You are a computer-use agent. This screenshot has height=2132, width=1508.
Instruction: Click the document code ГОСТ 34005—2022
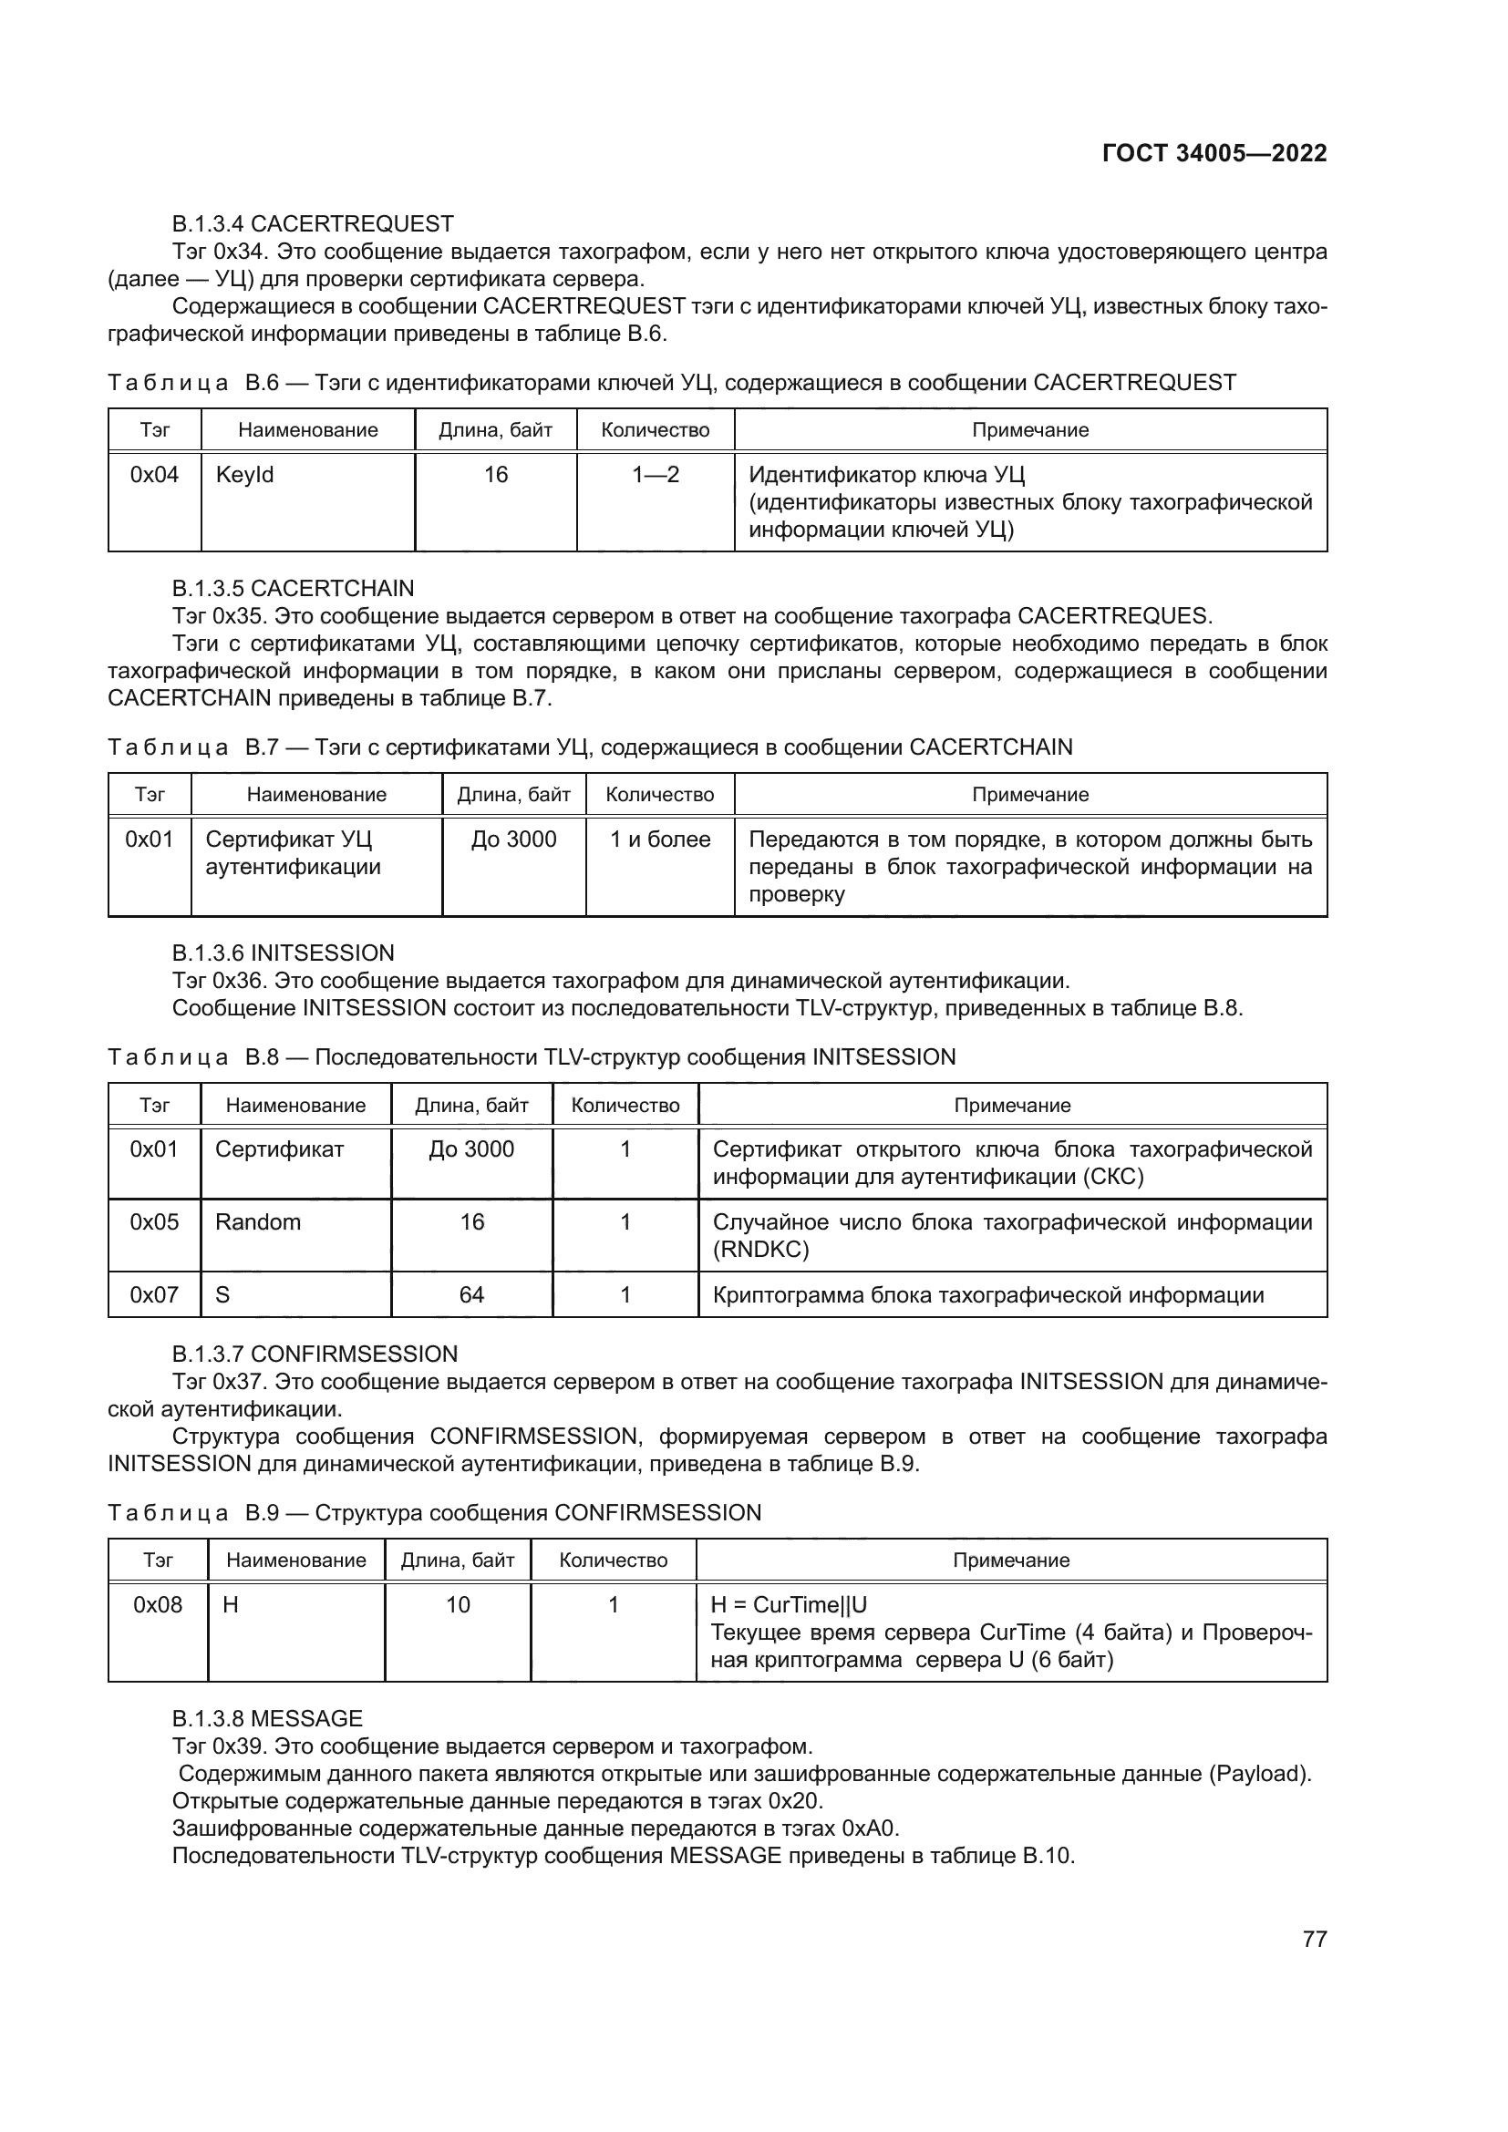(1214, 153)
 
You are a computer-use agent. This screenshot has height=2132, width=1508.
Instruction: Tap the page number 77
(1314, 1939)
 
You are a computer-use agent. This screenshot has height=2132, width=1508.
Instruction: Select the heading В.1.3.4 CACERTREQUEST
(313, 224)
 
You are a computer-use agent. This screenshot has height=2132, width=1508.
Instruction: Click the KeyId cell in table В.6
(245, 475)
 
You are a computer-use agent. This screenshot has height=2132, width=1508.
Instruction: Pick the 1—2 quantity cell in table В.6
(656, 475)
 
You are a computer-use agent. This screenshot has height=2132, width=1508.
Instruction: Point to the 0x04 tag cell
(154, 475)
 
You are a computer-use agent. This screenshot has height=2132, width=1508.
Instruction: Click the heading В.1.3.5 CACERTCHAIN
(294, 589)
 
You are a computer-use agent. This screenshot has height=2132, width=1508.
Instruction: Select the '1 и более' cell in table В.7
(659, 839)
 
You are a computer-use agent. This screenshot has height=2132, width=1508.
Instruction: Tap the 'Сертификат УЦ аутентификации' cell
(293, 853)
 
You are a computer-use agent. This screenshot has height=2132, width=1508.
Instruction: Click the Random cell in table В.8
(258, 1222)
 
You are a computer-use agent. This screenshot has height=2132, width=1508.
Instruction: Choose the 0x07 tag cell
(154, 1294)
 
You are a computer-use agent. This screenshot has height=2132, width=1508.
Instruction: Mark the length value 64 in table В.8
(471, 1294)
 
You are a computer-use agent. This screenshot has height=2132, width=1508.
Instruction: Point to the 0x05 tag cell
(154, 1222)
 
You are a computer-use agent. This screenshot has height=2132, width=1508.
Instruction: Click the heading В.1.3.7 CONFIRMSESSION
(315, 1354)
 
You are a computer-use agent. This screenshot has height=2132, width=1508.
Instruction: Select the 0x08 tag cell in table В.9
(158, 1604)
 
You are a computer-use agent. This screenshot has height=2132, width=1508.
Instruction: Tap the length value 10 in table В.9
(458, 1604)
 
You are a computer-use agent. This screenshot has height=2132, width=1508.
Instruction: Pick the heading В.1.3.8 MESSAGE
(267, 1719)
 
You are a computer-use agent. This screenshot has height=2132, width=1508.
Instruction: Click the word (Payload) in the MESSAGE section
(1259, 1774)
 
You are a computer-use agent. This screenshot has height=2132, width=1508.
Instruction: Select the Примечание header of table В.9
(1010, 1560)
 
